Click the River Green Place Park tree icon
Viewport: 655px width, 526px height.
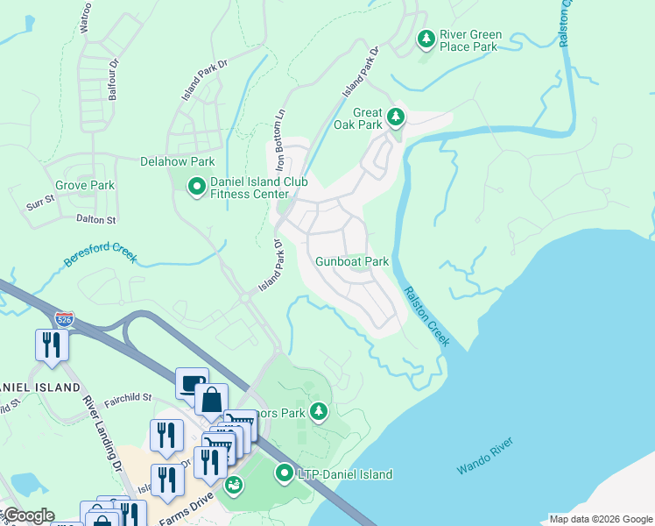(x=426, y=39)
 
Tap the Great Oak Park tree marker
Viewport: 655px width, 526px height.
(x=396, y=116)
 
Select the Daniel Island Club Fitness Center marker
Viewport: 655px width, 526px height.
(x=195, y=185)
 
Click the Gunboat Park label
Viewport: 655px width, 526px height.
(x=352, y=261)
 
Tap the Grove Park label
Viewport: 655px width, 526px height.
(x=85, y=186)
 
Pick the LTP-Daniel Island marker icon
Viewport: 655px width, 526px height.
(x=285, y=474)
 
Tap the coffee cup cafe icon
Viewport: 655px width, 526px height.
(x=192, y=382)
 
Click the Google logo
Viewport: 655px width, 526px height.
(x=29, y=515)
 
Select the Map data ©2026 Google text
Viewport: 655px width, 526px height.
(x=600, y=519)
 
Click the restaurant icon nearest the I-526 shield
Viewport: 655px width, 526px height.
(x=51, y=344)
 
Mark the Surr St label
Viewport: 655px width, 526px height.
(x=40, y=205)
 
